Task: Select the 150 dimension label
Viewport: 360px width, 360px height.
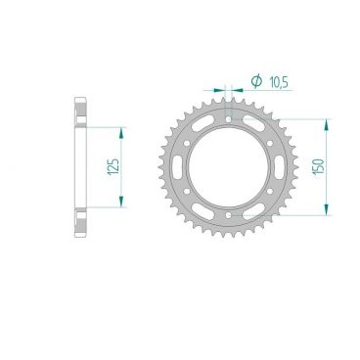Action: (336, 166)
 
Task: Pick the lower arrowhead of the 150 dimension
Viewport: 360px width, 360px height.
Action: (323, 208)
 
